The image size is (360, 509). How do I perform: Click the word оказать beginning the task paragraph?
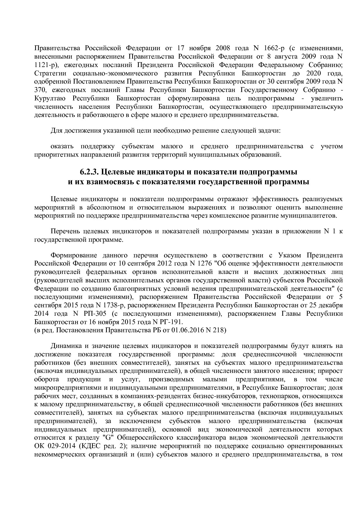coord(62,146)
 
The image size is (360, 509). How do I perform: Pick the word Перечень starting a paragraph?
coord(64,232)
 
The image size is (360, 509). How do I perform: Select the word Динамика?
coord(66,346)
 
